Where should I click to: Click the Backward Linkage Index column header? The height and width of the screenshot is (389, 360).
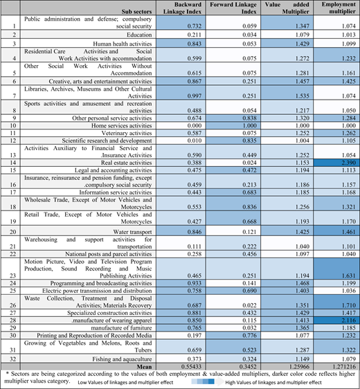[x=182, y=8]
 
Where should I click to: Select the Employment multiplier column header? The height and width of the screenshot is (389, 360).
[x=339, y=8]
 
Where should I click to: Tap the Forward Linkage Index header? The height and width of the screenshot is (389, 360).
[x=233, y=8]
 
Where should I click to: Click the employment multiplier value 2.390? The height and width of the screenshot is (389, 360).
[x=349, y=163]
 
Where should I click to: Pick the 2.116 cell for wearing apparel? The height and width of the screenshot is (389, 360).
[x=349, y=320]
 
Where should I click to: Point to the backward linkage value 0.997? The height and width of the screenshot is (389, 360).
[x=195, y=96]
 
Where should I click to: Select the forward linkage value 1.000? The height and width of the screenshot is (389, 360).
[x=250, y=125]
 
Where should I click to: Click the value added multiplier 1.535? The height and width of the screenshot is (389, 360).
[x=303, y=96]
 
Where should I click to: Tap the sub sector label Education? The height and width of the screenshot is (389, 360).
[x=139, y=35]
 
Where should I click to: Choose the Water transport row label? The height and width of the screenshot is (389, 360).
[x=132, y=232]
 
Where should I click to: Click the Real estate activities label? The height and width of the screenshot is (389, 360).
[x=126, y=163]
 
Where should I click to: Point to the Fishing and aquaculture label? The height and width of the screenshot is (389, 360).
[x=122, y=359]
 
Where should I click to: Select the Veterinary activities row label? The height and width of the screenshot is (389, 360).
[x=127, y=133]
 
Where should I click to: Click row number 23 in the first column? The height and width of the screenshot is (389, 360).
[x=13, y=275]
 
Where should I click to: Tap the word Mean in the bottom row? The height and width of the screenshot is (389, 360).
[x=144, y=366]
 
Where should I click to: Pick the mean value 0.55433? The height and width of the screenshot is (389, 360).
[x=191, y=366]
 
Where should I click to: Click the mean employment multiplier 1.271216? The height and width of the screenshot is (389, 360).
[x=343, y=366]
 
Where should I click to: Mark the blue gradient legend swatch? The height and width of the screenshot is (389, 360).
[x=203, y=381]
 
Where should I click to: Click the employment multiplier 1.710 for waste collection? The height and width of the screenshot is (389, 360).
[x=349, y=305]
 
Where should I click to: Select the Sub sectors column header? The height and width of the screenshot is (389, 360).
[x=136, y=12]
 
